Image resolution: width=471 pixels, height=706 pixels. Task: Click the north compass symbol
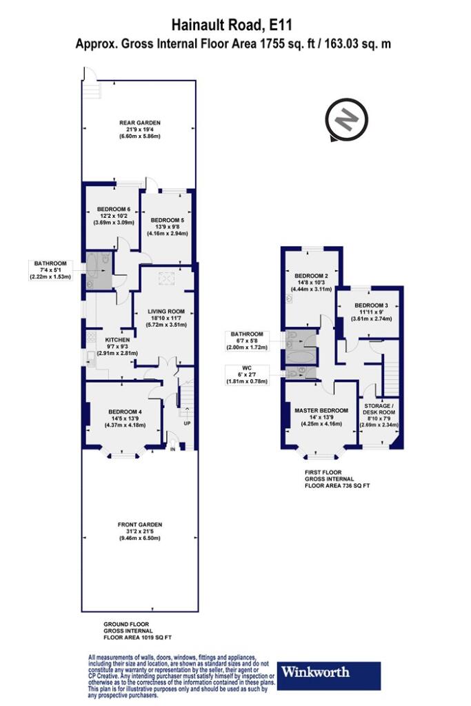tap(346, 121)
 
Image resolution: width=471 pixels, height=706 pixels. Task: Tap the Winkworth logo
tap(329, 676)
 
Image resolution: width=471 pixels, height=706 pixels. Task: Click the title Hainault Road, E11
tap(233, 25)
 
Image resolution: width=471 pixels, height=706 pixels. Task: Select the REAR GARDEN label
tap(139, 123)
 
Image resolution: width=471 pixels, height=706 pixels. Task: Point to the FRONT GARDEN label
tap(139, 525)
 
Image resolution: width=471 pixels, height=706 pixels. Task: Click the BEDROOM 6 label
tap(114, 209)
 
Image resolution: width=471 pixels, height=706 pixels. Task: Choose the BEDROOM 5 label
tap(167, 220)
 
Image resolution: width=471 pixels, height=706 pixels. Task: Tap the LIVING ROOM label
tap(166, 311)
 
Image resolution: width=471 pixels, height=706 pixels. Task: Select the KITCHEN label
tap(117, 339)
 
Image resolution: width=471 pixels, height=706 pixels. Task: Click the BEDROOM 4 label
tap(126, 412)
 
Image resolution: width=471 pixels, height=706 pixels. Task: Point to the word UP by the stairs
tap(186, 423)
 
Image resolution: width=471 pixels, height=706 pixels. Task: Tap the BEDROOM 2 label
tap(311, 276)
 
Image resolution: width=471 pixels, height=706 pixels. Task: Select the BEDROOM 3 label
tap(371, 305)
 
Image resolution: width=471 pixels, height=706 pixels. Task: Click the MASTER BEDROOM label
tap(321, 411)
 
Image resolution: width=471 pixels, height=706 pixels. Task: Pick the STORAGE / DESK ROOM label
tap(379, 409)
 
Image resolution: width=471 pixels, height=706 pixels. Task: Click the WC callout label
tap(246, 374)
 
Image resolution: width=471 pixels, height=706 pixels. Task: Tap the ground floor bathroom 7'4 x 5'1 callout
tap(50, 270)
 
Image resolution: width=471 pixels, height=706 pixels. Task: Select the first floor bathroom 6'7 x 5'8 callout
tap(246, 341)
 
